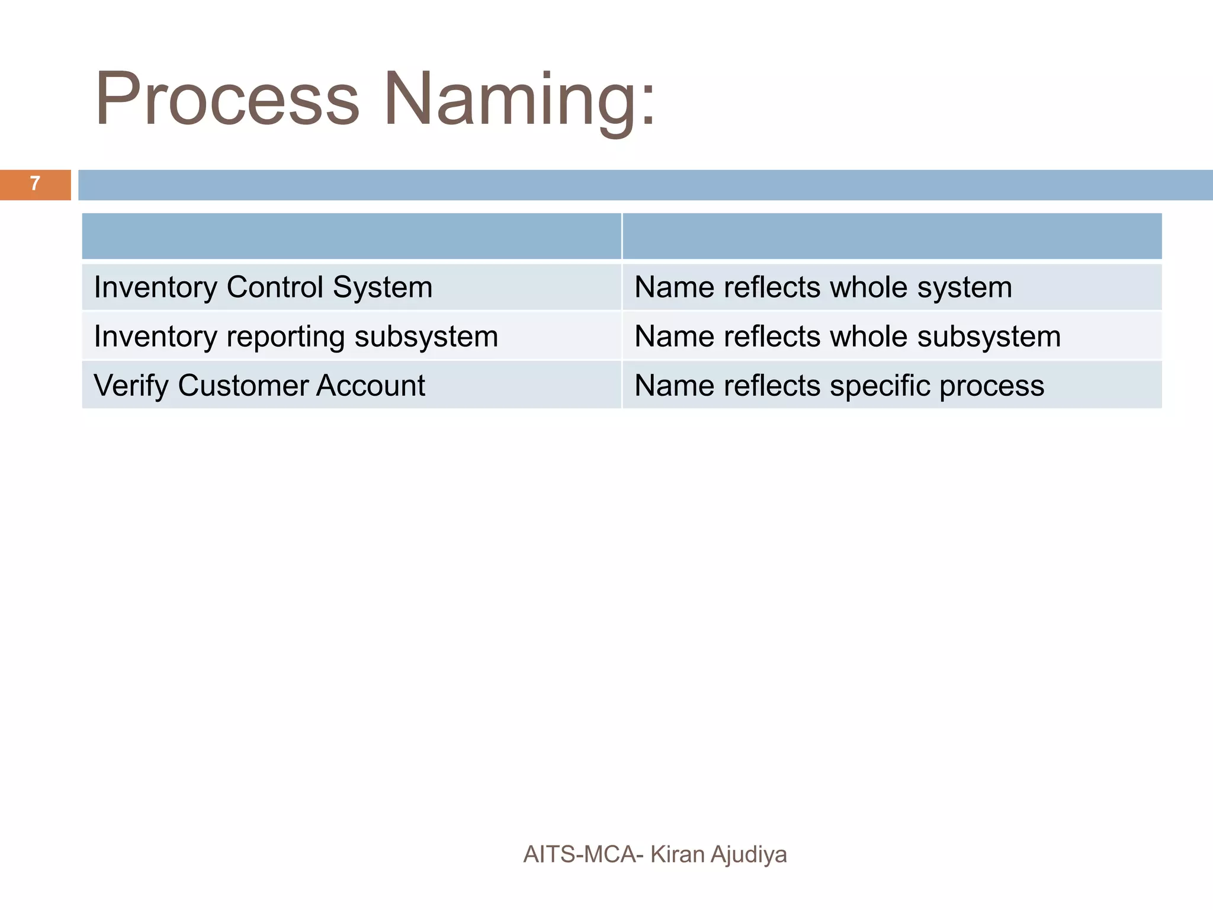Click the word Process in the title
[x=227, y=99]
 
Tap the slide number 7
[x=35, y=184]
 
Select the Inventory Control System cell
[x=351, y=287]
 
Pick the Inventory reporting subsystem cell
[x=351, y=337]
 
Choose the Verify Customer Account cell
[x=351, y=386]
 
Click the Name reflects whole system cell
[x=891, y=287]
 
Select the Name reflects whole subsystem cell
[x=891, y=337]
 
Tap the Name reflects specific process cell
[x=891, y=386]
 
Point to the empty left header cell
[x=351, y=236]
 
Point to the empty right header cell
[x=891, y=236]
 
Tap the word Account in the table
[x=370, y=386]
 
